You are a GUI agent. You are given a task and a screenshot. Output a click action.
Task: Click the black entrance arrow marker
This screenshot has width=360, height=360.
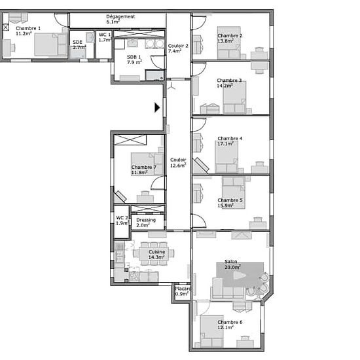click(157, 107)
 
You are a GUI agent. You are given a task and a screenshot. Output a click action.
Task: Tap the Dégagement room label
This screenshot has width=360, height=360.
click(120, 16)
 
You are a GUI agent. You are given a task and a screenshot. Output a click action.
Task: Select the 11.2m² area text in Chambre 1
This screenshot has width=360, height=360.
click(24, 33)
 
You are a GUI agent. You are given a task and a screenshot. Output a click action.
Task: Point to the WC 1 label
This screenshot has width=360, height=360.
click(105, 35)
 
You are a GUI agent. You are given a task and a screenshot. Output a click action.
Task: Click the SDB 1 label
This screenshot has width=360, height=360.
click(134, 57)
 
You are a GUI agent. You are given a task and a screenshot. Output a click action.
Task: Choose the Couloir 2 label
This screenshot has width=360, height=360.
click(178, 46)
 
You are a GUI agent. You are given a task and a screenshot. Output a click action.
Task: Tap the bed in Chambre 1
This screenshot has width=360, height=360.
click(51, 45)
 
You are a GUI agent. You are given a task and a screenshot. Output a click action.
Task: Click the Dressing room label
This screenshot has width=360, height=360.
click(146, 220)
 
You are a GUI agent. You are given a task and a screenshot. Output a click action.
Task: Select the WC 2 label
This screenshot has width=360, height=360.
click(122, 218)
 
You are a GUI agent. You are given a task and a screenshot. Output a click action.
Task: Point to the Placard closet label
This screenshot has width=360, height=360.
click(183, 289)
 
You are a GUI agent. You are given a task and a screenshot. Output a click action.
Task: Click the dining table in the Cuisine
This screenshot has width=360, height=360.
click(154, 253)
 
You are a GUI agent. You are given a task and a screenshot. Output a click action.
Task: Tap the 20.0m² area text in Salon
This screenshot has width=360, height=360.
click(232, 267)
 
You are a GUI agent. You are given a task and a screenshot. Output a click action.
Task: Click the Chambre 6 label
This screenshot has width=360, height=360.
click(230, 322)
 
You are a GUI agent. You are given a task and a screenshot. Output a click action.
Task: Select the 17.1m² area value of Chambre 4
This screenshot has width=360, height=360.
click(226, 144)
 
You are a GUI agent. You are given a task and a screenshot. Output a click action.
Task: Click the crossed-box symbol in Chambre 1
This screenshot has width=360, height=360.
click(6, 27)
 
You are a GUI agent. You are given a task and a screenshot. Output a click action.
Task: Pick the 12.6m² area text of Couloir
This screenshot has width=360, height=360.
click(178, 166)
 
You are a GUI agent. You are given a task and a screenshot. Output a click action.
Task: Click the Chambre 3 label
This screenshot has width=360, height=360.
click(229, 81)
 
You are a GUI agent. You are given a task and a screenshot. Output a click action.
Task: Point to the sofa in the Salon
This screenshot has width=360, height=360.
click(227, 289)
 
